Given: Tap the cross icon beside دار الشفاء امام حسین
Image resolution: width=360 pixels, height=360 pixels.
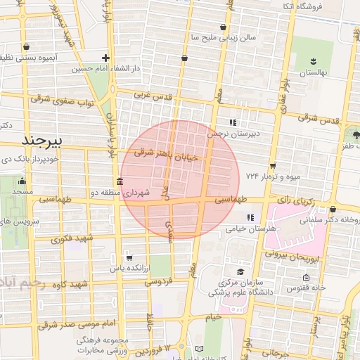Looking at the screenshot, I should click(105, 58).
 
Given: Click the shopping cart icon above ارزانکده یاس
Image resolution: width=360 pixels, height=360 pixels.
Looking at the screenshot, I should click(127, 257).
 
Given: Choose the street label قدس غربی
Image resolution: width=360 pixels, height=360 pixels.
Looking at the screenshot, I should click(153, 94).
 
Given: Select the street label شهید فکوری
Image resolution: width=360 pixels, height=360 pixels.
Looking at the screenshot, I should click(67, 238).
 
